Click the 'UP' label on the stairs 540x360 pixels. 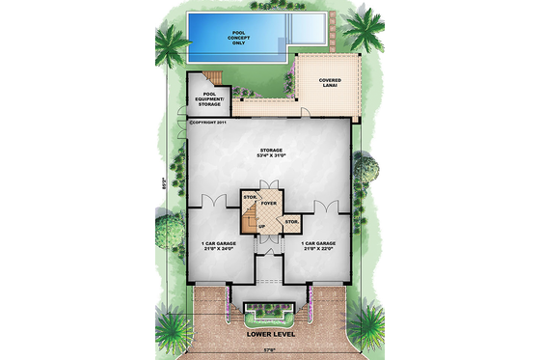point(261,227)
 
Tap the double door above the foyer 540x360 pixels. point(269,186)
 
